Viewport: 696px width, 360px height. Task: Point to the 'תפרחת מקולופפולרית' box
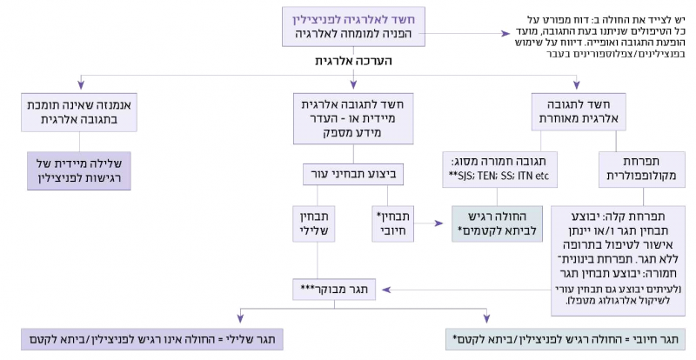634,169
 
